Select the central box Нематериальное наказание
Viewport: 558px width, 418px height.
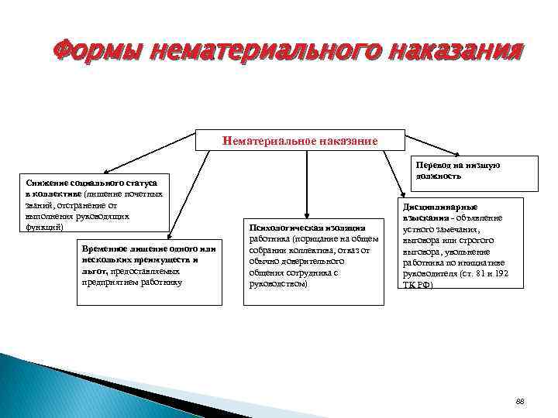tap(300, 142)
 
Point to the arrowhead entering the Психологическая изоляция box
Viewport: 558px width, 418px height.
tap(307, 214)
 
